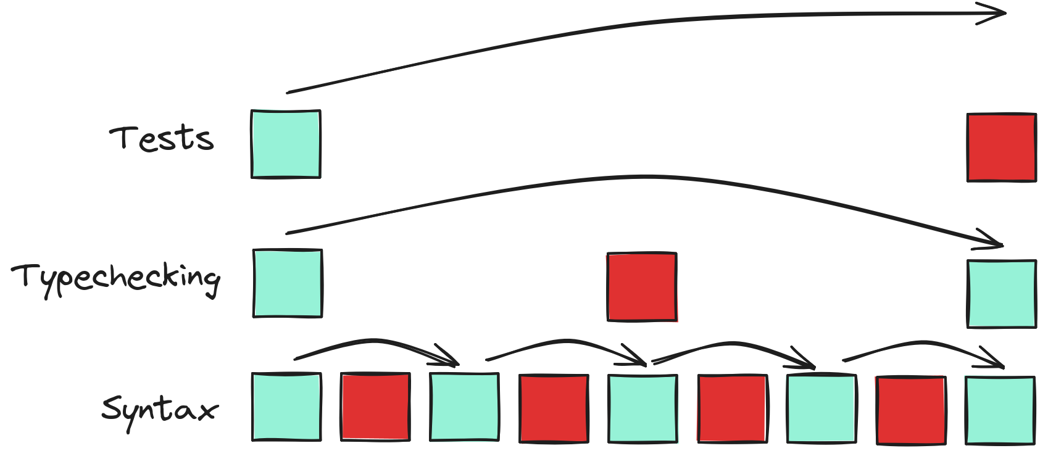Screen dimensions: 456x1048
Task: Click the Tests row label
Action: [162, 138]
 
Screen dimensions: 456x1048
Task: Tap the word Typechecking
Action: [116, 278]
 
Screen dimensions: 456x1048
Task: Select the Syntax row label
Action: [160, 410]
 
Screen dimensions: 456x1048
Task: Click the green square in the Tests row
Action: [286, 144]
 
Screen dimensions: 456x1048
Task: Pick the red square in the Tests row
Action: [1001, 147]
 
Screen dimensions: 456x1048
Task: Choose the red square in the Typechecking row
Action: [642, 287]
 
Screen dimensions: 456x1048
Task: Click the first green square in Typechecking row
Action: [288, 283]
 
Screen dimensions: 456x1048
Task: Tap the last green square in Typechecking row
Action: [1001, 294]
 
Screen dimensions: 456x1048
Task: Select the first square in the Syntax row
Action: [287, 407]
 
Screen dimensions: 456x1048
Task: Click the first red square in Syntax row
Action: [375, 407]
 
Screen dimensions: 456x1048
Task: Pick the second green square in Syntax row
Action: [464, 407]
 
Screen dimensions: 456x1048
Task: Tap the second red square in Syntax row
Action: [554, 408]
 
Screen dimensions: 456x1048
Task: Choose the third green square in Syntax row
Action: [643, 408]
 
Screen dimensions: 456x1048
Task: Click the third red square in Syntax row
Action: [733, 408]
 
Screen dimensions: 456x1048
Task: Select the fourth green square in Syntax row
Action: [821, 408]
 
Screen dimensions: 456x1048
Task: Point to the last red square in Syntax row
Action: [911, 410]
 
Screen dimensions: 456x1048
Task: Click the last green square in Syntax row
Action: [1000, 410]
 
